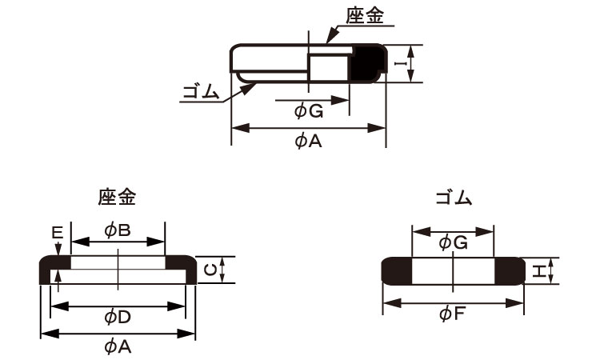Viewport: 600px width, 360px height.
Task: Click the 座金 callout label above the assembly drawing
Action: [364, 16]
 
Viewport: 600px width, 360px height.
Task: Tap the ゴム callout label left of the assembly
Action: [201, 92]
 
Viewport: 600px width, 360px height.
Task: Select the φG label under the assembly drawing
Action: [309, 111]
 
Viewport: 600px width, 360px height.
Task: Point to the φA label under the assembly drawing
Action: [309, 141]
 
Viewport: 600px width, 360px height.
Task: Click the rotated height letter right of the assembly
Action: [401, 63]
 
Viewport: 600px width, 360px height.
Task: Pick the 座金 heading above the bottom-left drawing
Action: [117, 197]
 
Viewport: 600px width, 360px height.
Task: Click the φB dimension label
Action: [118, 230]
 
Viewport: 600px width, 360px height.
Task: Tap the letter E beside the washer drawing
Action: [58, 233]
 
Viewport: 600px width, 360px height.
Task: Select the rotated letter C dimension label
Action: [211, 270]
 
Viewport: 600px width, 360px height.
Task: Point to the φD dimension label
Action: [118, 317]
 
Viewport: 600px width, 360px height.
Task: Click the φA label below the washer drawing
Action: [118, 347]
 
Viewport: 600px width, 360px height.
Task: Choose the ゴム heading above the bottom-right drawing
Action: [454, 198]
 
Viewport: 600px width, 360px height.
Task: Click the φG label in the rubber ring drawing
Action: [453, 243]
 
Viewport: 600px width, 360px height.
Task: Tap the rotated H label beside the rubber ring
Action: [538, 271]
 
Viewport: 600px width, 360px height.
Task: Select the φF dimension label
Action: [452, 314]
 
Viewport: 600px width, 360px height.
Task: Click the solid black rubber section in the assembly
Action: [367, 63]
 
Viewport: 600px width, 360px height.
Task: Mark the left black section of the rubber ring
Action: [397, 271]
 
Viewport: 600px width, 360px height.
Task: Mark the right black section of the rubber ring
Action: [510, 271]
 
